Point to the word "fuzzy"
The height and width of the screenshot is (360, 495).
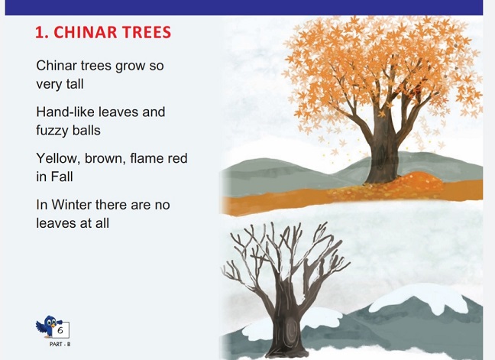tap(53, 131)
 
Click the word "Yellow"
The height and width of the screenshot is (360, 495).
tap(57, 158)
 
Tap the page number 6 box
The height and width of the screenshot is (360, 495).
tap(61, 329)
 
